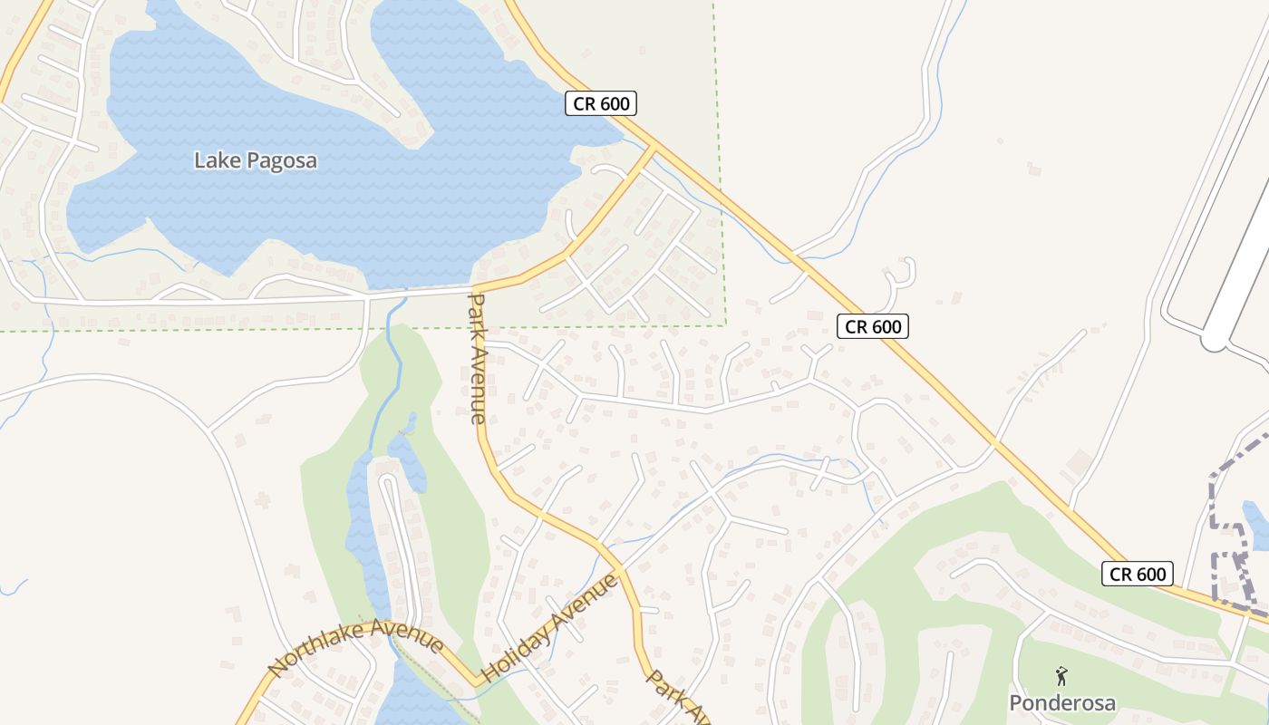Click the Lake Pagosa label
pyautogui.click(x=256, y=161)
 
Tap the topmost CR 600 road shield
pyautogui.click(x=602, y=103)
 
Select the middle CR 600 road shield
pyautogui.click(x=872, y=326)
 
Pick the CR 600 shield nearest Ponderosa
pyautogui.click(x=1138, y=574)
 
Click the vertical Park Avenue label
pyautogui.click(x=478, y=357)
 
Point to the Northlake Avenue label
pyautogui.click(x=355, y=645)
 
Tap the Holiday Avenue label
pyautogui.click(x=549, y=628)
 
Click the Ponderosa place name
pyautogui.click(x=1062, y=703)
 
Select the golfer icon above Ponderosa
pyautogui.click(x=1061, y=676)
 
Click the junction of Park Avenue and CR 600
pyautogui.click(x=654, y=148)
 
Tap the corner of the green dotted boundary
pyautogui.click(x=726, y=324)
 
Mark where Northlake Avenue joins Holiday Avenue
pyautogui.click(x=477, y=681)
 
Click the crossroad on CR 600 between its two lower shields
pyautogui.click(x=994, y=443)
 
